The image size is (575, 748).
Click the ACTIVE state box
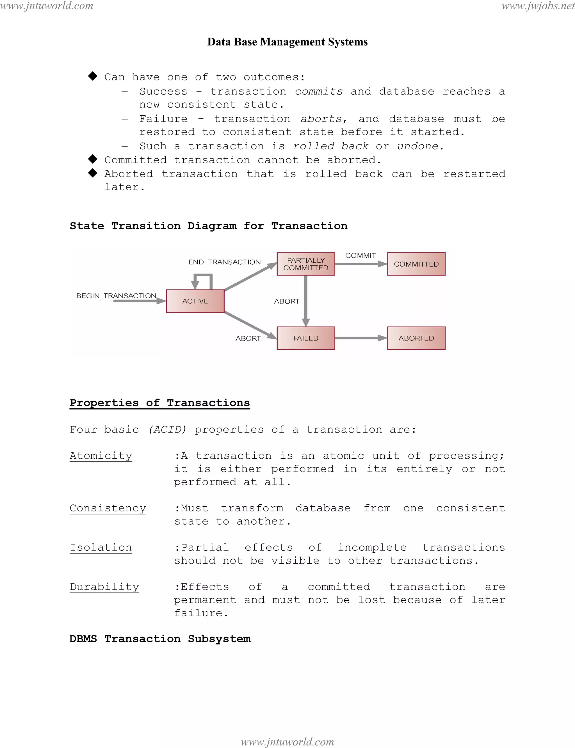[x=195, y=301]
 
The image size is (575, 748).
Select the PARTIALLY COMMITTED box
[x=306, y=264]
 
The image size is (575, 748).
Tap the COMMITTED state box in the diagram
[x=416, y=264]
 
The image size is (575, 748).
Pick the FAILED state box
[x=306, y=338]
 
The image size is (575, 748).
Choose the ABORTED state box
[x=416, y=338]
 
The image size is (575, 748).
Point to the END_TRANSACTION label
[x=225, y=262]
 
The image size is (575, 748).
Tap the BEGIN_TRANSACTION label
[x=116, y=296]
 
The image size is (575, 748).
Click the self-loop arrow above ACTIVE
[x=203, y=278]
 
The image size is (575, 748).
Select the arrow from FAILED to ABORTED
[x=361, y=338]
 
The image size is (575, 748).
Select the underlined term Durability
[x=104, y=587]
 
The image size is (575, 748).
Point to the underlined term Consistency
[x=108, y=508]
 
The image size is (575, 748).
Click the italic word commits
[x=319, y=92]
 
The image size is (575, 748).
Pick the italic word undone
[x=418, y=146]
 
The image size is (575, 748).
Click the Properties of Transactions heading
[x=160, y=403]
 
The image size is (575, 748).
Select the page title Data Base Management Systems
[x=287, y=42]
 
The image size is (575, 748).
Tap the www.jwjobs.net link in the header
[x=538, y=6]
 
